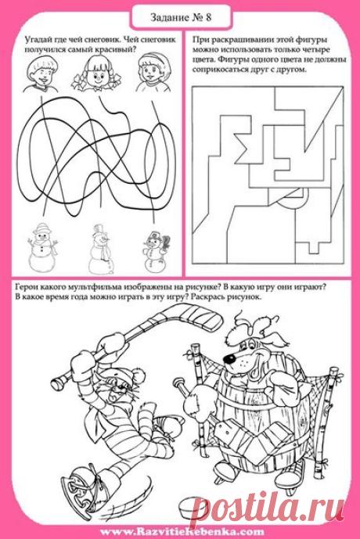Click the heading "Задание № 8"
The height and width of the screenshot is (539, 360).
coord(181,17)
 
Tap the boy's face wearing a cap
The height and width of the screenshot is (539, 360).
coord(40,74)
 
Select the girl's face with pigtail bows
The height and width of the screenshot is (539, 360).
coord(96,74)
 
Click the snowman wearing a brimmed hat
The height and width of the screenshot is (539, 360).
coord(42,246)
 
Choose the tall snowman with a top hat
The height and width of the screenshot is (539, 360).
coord(100,248)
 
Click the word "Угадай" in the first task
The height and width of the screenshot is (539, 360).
coord(37,39)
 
